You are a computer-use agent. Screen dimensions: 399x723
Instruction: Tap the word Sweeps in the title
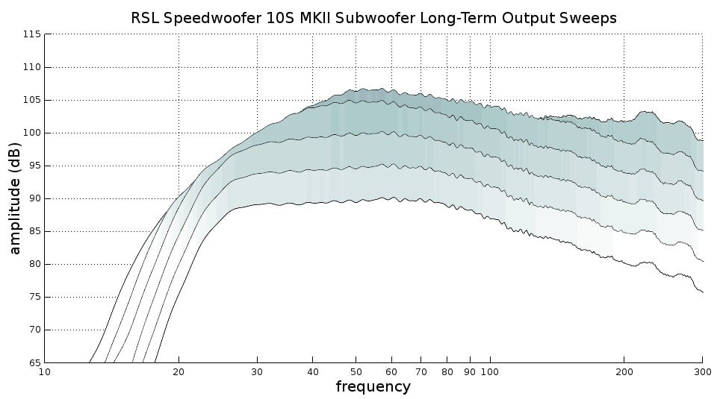591,18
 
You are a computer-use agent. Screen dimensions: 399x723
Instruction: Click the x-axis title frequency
373,386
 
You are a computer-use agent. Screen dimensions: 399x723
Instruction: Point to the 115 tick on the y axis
32,34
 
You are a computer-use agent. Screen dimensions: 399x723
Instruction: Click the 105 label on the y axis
32,100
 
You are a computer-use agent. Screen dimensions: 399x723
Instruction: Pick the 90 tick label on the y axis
34,198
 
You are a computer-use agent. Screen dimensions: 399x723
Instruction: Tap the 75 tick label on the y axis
34,297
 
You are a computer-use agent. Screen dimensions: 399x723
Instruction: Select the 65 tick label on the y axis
34,362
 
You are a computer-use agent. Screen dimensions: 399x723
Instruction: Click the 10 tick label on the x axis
45,371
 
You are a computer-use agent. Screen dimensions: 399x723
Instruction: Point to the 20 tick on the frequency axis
179,371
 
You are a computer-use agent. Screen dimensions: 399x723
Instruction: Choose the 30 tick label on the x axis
257,371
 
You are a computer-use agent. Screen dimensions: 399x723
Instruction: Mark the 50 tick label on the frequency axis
356,371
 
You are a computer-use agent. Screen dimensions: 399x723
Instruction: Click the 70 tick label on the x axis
421,371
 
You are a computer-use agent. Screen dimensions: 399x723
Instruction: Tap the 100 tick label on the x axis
490,371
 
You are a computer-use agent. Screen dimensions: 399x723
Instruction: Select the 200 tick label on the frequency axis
624,371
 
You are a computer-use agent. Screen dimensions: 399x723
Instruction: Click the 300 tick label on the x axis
702,371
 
